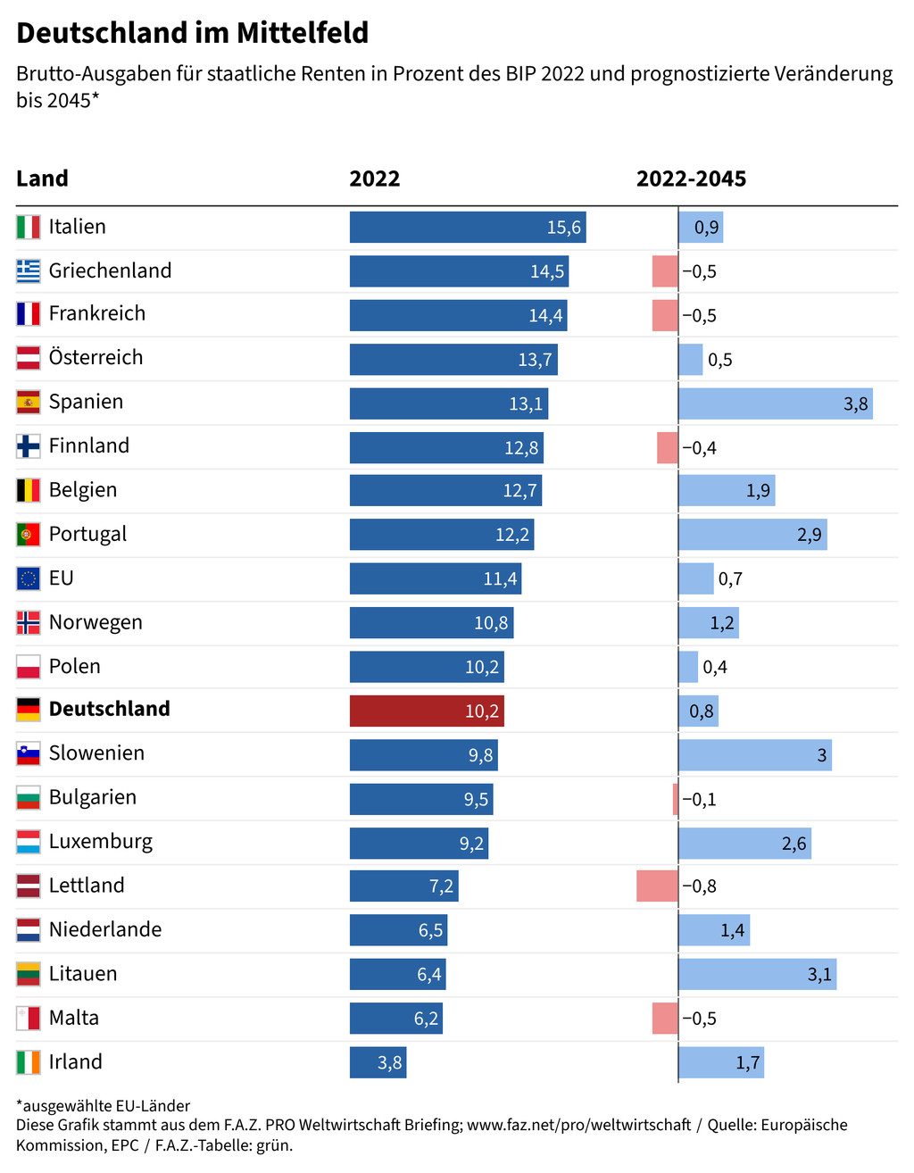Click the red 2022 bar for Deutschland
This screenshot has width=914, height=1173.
(x=427, y=711)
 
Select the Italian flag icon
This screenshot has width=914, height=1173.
(x=29, y=227)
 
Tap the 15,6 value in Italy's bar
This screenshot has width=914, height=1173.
(x=563, y=228)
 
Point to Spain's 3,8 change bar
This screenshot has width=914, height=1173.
(x=775, y=403)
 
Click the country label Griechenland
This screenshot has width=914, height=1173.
(x=110, y=270)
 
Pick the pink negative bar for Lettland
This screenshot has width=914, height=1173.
(x=657, y=886)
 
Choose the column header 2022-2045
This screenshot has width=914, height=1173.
(x=691, y=179)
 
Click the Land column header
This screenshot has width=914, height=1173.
(x=42, y=179)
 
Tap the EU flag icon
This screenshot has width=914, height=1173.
(x=29, y=578)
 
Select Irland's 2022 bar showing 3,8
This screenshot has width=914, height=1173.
(x=378, y=1062)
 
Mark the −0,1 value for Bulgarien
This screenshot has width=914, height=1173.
(x=699, y=800)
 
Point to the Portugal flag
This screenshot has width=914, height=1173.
(x=29, y=535)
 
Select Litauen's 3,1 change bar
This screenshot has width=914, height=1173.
(x=757, y=974)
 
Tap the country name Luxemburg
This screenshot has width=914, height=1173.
(x=101, y=842)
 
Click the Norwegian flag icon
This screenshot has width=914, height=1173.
(x=29, y=623)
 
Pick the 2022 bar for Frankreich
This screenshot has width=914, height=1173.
(x=458, y=315)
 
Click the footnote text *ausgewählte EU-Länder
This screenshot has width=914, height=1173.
(x=103, y=1106)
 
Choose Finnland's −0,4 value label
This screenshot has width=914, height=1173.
(x=699, y=448)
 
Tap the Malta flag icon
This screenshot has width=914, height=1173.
(x=29, y=1019)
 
